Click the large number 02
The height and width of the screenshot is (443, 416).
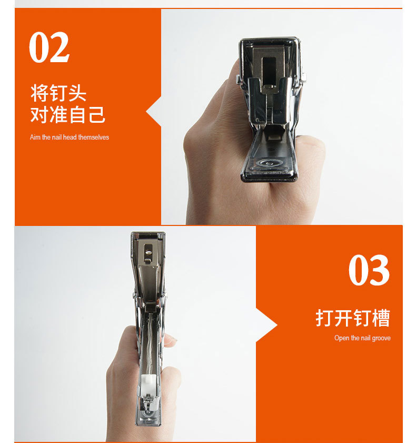(49, 47)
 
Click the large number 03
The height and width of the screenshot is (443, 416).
(369, 270)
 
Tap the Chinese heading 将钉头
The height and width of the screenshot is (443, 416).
(58, 93)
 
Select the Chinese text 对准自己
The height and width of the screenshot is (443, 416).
(68, 114)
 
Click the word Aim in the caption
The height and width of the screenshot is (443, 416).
(35, 137)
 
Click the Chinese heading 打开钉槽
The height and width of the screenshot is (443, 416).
(353, 318)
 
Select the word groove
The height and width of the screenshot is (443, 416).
(381, 338)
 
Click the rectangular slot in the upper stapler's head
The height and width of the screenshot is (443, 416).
(269, 71)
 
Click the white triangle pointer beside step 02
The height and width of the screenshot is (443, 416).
(154, 112)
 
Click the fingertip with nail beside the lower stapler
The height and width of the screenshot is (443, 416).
(170, 340)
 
